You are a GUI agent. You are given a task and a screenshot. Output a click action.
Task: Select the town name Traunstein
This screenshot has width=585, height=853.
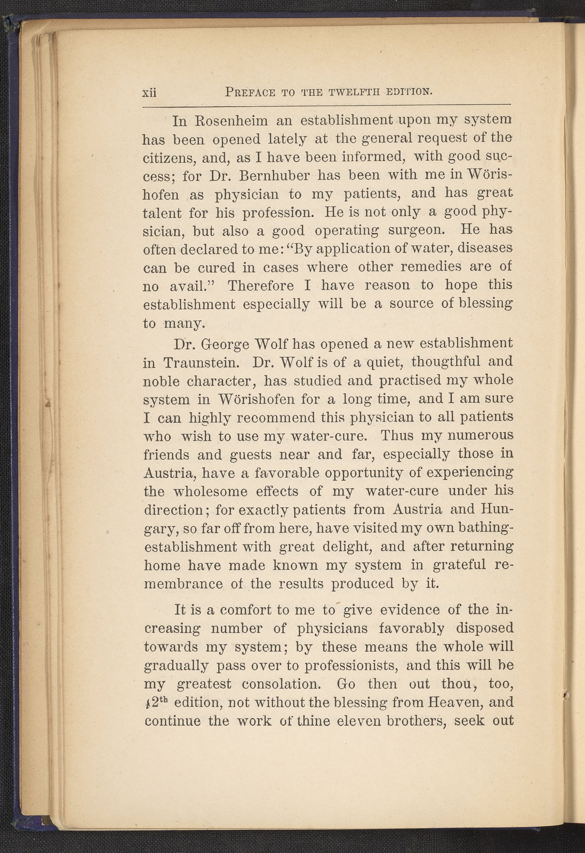coord(201,363)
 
